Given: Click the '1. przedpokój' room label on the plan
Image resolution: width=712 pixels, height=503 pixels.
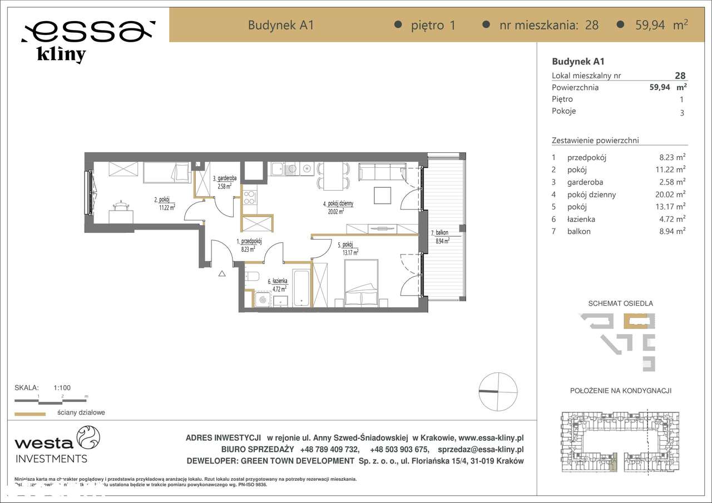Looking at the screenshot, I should click(249, 245).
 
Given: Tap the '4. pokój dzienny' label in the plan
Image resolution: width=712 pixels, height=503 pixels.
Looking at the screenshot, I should click(338, 207).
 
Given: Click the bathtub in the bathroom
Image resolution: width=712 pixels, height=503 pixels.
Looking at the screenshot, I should click(301, 287).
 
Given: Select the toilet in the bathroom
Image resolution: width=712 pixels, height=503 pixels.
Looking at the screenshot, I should click(253, 277).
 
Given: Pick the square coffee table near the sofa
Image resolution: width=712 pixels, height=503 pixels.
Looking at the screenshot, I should click(383, 195).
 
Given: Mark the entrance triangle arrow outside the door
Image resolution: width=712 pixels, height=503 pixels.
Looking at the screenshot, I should click(221, 273).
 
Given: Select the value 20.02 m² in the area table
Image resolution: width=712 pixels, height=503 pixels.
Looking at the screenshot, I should click(671, 195).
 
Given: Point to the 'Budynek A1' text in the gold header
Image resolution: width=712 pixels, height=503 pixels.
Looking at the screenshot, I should click(280, 25).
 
